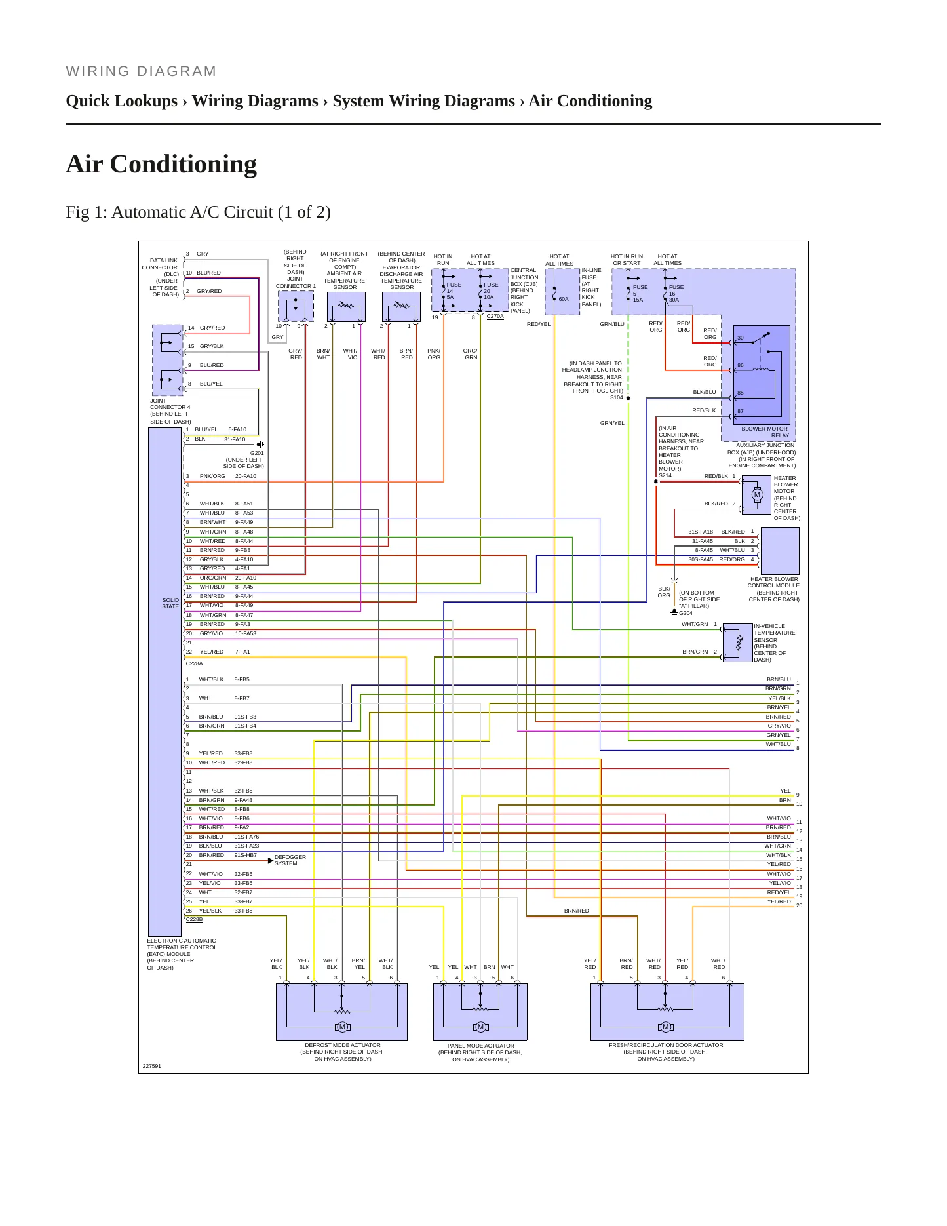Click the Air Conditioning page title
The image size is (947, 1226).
click(161, 164)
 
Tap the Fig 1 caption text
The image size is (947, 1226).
click(198, 212)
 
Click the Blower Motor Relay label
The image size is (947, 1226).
click(765, 432)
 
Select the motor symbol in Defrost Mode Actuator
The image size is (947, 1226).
click(342, 1027)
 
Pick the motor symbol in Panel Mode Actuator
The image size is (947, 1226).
click(480, 1027)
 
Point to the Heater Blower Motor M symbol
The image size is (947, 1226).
click(757, 495)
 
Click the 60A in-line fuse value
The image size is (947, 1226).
click(564, 299)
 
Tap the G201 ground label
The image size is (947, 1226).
click(257, 453)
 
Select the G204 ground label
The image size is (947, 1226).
click(686, 613)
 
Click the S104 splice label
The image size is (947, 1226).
click(617, 397)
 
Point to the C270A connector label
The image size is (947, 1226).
click(495, 316)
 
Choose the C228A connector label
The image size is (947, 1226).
click(194, 663)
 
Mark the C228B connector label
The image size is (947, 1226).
click(194, 919)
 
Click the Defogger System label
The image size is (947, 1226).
click(290, 860)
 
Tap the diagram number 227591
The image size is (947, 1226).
click(151, 1066)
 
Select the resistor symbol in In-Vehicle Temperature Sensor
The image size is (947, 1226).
click(739, 644)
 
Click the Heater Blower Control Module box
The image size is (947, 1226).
click(779, 551)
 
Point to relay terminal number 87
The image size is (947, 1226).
click(741, 412)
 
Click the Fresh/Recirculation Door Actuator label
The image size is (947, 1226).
click(666, 1045)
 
